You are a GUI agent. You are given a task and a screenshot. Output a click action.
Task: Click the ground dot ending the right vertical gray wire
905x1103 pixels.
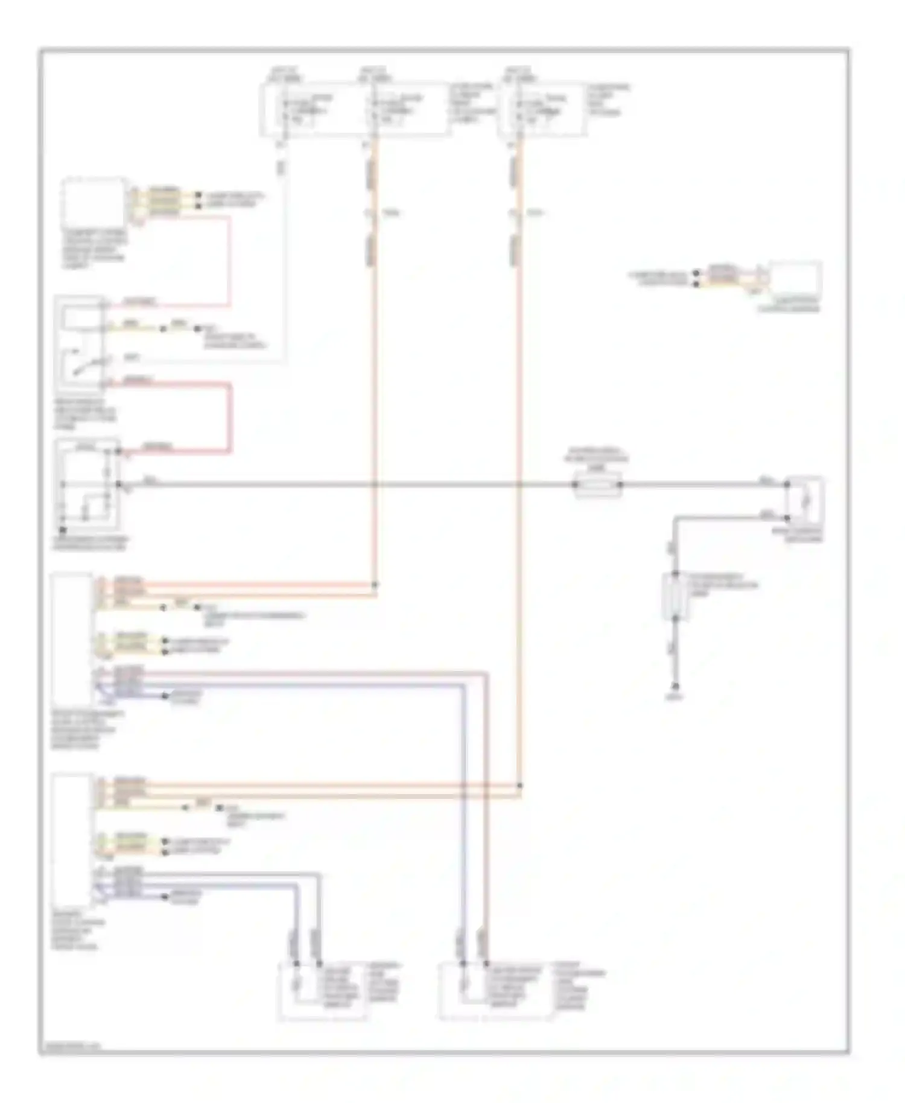click(676, 686)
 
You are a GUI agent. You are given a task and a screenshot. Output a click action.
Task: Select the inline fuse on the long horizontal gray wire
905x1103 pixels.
click(597, 485)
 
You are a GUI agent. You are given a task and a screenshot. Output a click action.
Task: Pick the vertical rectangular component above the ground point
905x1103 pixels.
click(675, 596)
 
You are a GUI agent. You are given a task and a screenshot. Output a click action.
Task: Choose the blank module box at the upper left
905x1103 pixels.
click(94, 202)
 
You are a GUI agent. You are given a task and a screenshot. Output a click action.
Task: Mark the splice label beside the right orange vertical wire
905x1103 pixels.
click(535, 213)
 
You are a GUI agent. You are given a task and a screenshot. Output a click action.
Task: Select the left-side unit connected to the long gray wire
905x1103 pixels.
click(87, 486)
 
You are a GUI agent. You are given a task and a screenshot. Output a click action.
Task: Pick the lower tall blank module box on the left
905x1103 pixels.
click(72, 839)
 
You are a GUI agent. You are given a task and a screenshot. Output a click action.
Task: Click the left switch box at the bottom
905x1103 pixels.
click(322, 991)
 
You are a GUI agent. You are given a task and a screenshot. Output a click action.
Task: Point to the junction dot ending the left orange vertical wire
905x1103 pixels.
click(375, 585)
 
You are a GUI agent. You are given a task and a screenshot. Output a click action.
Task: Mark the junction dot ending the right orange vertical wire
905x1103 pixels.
click(519, 786)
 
